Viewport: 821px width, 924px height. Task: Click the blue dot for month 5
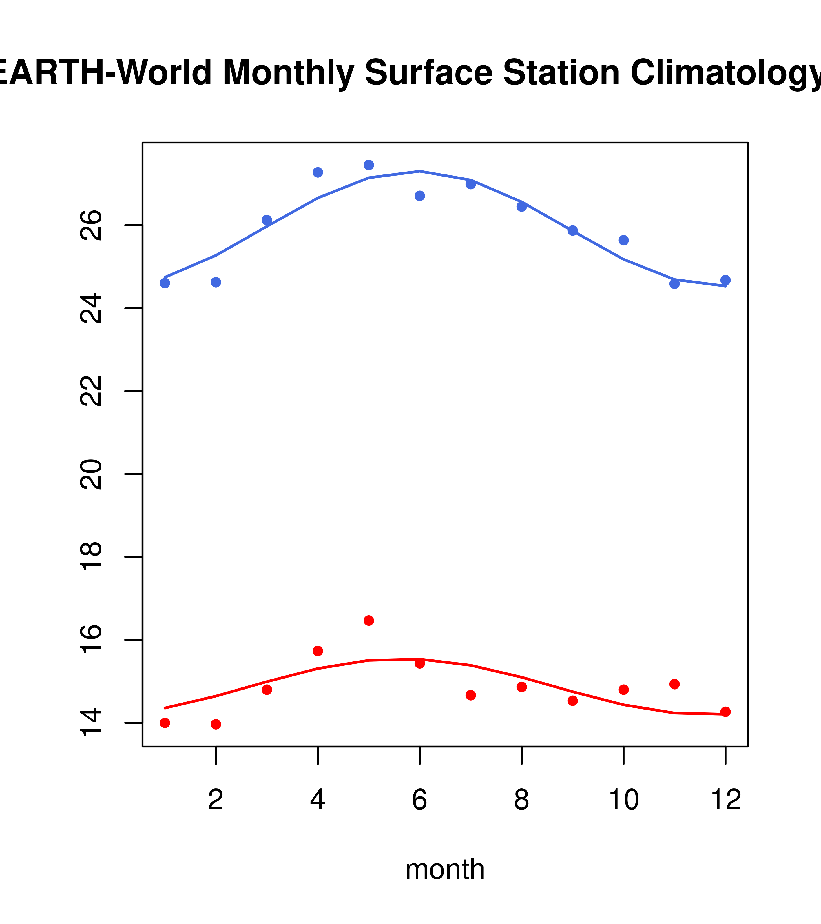pos(369,165)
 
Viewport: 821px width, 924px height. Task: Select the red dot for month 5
pos(369,621)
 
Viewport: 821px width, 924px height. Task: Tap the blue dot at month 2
pos(216,282)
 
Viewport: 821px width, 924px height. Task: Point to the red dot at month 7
pos(471,695)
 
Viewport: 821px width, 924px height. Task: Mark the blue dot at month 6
pos(420,196)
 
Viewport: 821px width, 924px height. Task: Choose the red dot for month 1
pos(165,723)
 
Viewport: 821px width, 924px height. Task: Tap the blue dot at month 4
pos(318,172)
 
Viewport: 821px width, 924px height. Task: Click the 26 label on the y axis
pos(91,225)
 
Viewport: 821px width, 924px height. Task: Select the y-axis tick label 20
pos(91,474)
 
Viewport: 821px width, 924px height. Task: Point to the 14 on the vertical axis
pos(91,723)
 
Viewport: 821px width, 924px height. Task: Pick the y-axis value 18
pos(91,557)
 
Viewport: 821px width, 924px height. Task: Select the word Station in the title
pos(561,72)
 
